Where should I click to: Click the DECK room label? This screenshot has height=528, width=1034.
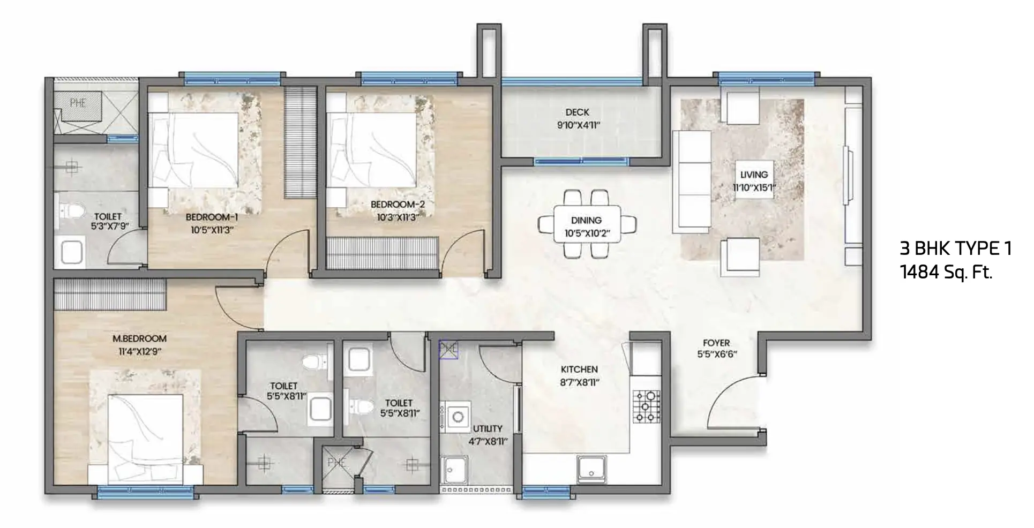pos(577,112)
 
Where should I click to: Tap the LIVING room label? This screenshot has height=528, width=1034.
pos(754,175)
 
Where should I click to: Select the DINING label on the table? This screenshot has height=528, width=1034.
pos(586,220)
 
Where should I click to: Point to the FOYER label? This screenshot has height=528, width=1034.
pos(716,343)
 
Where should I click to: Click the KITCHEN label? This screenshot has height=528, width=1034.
pos(579,369)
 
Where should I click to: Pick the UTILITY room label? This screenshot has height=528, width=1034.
pos(488,429)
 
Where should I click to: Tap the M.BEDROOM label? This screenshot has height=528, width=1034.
pos(139,338)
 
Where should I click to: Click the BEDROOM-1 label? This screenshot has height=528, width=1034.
pos(212,217)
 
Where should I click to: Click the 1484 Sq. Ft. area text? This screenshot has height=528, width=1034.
pos(946,273)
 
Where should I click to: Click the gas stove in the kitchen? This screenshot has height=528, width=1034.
pos(647,406)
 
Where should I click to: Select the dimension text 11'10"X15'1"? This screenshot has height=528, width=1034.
pos(754,187)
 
